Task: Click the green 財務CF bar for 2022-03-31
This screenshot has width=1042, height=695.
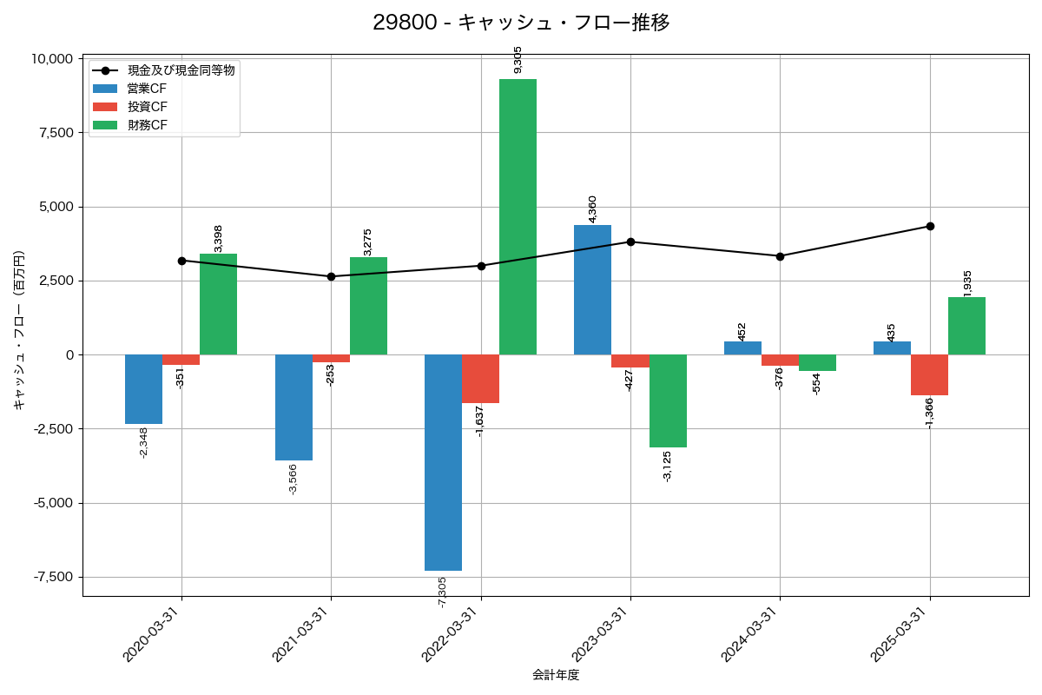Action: (518, 216)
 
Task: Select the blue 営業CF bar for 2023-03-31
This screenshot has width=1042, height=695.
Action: (592, 289)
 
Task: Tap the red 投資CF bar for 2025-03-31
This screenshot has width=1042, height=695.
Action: (929, 374)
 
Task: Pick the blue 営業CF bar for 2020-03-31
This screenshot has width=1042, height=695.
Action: (143, 389)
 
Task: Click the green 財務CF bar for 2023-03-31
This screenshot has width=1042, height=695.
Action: (668, 400)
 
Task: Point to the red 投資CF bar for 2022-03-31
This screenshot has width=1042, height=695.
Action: (480, 379)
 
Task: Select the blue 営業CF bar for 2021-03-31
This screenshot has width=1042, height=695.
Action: (293, 407)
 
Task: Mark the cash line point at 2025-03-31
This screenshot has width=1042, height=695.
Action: (930, 226)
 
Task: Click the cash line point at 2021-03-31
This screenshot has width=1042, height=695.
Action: (331, 276)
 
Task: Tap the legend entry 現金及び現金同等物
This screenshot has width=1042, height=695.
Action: (181, 70)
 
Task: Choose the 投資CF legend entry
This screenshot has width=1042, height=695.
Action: (147, 107)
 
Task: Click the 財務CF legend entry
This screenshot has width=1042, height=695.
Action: (147, 125)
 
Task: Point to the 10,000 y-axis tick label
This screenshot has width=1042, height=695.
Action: (52, 59)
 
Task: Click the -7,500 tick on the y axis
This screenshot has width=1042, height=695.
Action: (52, 578)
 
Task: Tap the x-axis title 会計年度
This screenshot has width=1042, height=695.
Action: (556, 675)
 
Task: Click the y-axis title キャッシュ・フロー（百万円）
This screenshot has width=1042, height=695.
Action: (18, 330)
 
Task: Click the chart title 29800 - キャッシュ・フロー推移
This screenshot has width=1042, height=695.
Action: (521, 23)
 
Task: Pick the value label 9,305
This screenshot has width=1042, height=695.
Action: (518, 59)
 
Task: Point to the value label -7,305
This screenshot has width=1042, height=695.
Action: (443, 592)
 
